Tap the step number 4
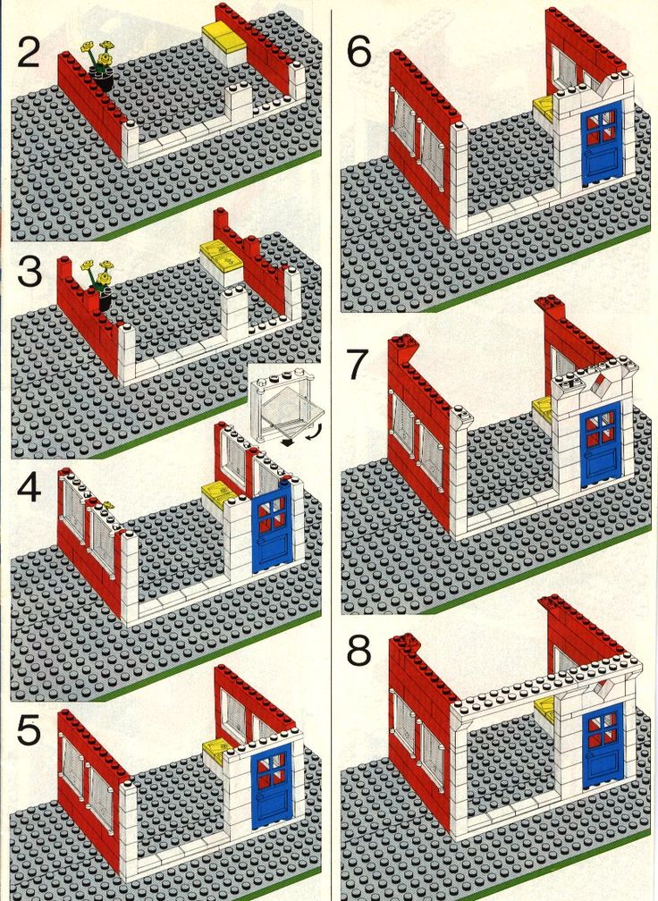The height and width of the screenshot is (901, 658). (x=30, y=488)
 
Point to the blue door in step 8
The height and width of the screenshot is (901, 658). (x=603, y=745)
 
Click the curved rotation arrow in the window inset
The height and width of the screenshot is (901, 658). (x=315, y=431)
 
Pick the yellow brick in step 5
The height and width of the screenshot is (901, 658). (x=216, y=751)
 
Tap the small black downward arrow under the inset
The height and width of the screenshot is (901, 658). (x=287, y=442)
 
